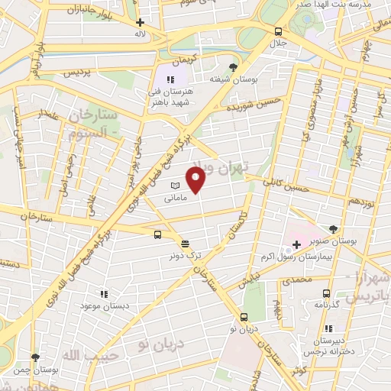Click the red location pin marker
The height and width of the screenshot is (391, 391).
[197, 182]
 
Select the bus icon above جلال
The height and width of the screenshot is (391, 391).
[279, 32]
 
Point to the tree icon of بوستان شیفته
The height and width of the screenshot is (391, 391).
[233, 66]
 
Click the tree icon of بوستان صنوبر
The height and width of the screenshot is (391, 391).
[333, 228]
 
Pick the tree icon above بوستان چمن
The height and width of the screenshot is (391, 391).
[35, 357]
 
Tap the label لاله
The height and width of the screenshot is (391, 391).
[140, 34]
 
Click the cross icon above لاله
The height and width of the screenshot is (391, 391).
[140, 23]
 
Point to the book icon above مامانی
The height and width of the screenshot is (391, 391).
[175, 186]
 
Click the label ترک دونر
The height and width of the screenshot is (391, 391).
[184, 255]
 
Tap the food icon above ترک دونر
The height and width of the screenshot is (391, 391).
[185, 243]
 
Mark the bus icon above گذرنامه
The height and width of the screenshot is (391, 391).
[327, 293]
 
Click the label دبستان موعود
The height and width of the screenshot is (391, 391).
[105, 305]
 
